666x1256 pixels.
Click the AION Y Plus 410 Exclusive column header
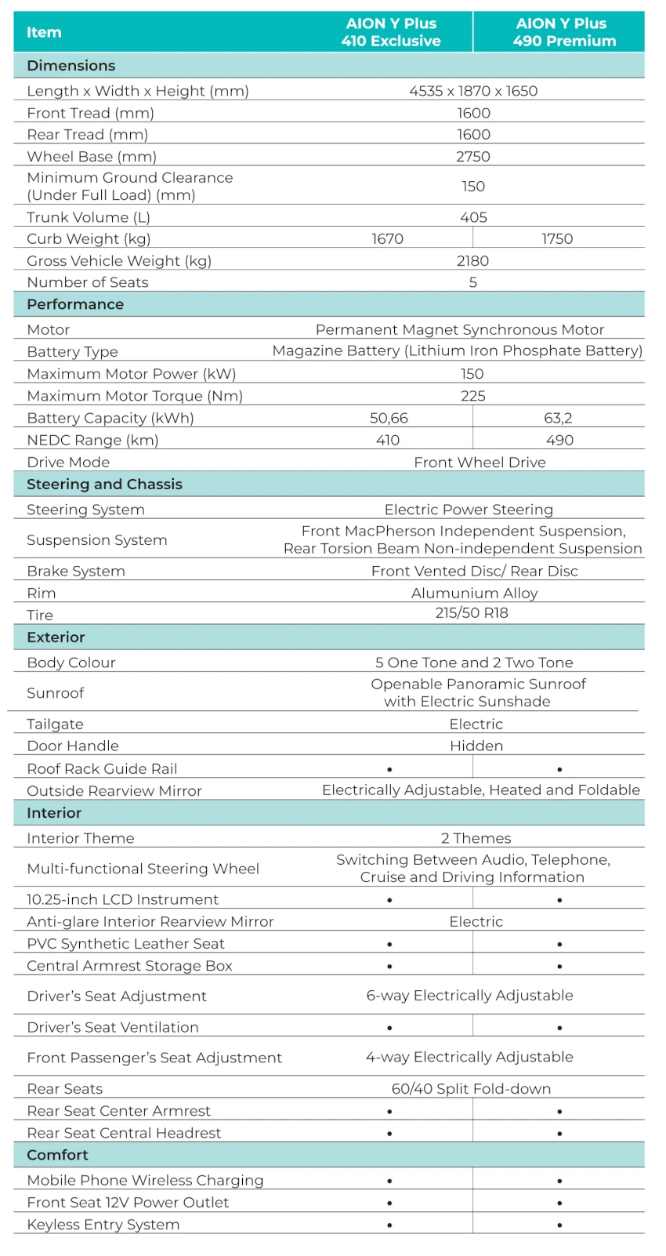point(391,32)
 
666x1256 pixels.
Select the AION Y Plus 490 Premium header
point(563,32)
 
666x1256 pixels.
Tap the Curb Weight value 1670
point(387,238)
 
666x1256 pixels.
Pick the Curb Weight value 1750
point(557,238)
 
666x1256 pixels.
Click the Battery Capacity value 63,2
point(558,418)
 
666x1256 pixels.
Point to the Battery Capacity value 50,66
point(389,418)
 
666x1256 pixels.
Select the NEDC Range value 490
point(559,440)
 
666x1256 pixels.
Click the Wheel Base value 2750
point(473,156)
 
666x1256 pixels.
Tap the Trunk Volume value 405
point(473,217)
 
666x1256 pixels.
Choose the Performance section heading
point(75,304)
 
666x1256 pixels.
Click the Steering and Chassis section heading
point(104,484)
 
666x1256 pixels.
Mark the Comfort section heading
point(57,1155)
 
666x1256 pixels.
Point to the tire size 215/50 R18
point(472,612)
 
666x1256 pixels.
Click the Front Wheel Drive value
point(480,462)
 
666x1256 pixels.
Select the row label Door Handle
point(73,746)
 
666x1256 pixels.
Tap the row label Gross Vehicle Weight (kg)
point(119,260)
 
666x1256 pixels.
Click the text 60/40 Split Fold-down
point(471,1088)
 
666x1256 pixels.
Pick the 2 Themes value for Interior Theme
point(476,838)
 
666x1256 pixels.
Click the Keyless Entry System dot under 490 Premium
point(559,1225)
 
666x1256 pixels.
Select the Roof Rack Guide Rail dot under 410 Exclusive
point(389,769)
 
